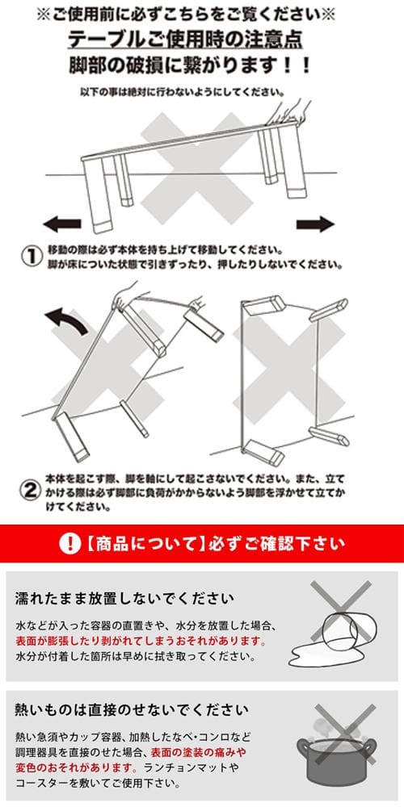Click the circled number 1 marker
(x=31, y=256)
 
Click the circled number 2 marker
(x=31, y=490)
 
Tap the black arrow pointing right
(x=315, y=224)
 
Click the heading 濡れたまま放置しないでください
(x=125, y=599)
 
